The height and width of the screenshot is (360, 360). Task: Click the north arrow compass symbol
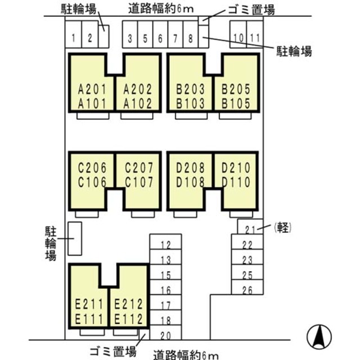(x=318, y=336)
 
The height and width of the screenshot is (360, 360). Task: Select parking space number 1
(x=74, y=38)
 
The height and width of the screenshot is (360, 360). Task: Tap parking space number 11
(x=255, y=38)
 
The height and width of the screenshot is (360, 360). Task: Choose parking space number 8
(x=191, y=38)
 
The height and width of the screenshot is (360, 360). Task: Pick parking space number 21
(x=250, y=228)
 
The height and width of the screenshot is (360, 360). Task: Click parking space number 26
(x=247, y=290)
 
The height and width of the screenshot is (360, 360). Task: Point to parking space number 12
(x=165, y=245)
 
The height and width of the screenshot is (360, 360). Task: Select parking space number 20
(x=165, y=335)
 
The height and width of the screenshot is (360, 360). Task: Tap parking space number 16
(x=165, y=290)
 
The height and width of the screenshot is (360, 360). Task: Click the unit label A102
(x=137, y=103)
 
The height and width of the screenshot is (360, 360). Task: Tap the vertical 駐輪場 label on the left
(x=50, y=243)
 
